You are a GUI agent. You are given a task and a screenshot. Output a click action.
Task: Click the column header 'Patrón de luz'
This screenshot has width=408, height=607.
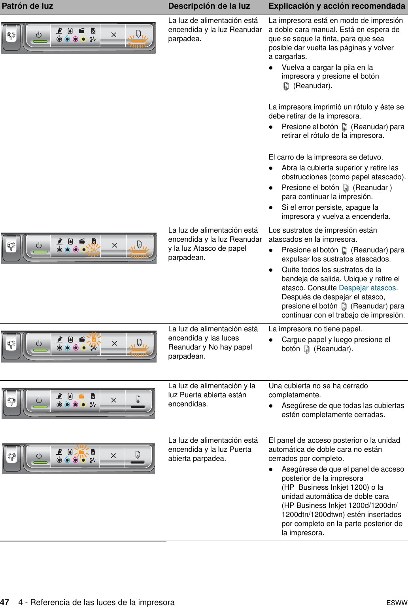(x=27, y=6)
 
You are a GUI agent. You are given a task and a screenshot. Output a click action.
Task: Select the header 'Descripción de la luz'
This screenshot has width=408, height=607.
(x=209, y=6)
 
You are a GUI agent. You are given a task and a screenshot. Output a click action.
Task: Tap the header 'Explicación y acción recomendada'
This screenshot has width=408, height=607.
(x=337, y=6)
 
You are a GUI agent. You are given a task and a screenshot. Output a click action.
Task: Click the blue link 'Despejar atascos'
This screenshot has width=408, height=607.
(x=367, y=288)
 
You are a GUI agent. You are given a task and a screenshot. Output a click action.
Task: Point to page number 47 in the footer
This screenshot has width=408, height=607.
(x=5, y=602)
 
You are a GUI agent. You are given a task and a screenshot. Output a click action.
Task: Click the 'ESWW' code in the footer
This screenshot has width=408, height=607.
(x=397, y=603)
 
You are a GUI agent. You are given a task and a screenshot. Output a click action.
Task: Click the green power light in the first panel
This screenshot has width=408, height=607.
(x=40, y=41)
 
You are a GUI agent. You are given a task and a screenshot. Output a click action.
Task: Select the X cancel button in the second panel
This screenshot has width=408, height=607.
(x=115, y=245)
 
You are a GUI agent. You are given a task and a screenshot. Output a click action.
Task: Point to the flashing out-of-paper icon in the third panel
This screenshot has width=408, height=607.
(x=94, y=340)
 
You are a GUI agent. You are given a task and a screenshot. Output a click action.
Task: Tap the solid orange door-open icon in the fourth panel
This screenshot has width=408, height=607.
(x=81, y=396)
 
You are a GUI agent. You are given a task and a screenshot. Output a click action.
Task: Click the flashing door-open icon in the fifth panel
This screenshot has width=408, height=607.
(x=81, y=451)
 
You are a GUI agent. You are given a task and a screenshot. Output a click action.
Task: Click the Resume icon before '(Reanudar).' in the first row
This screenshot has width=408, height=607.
(x=286, y=86)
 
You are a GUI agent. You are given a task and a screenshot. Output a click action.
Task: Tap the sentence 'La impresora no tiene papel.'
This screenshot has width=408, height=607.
(x=315, y=329)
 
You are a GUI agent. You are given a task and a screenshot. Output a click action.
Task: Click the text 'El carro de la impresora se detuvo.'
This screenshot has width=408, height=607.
(x=325, y=157)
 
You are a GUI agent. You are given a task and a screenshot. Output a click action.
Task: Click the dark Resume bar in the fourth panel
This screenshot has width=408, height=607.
(x=138, y=407)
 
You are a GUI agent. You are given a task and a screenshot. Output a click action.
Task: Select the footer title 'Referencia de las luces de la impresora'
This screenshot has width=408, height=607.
(x=102, y=602)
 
